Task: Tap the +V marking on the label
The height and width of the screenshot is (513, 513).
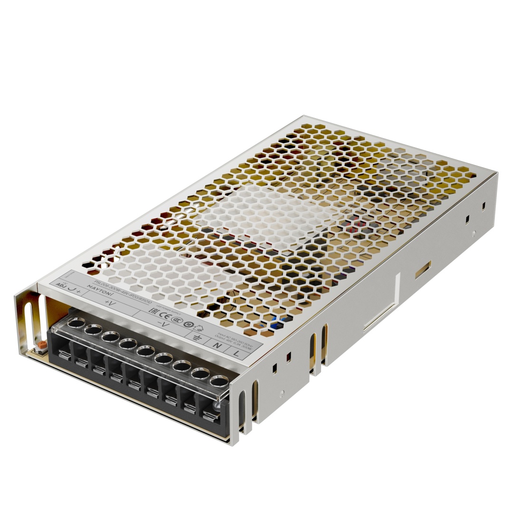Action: tap(110, 303)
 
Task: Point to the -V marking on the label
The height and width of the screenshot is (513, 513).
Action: tap(163, 324)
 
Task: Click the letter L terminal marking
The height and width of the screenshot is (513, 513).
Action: tap(237, 352)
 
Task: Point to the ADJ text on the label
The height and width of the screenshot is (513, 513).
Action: tap(60, 285)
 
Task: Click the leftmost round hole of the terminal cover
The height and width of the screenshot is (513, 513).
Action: tap(75, 323)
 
